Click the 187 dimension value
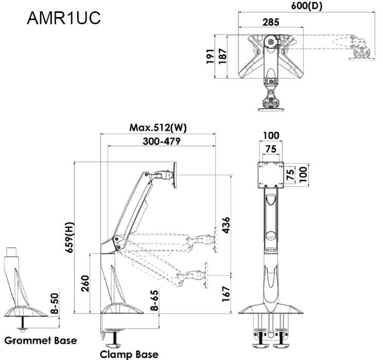coord(223,56)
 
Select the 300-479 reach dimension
coord(159,141)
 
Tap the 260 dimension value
coord(85,283)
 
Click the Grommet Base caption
coord(40,340)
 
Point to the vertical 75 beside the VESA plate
coord(290,174)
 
